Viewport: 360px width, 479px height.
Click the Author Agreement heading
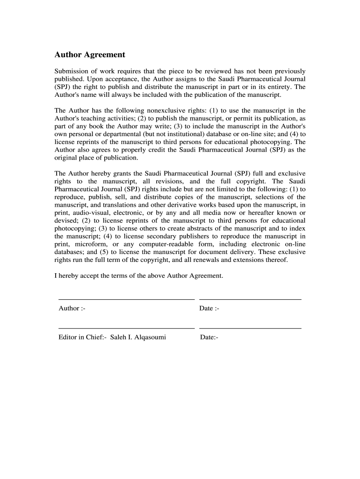point(90,55)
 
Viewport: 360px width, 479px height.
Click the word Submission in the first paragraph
point(71,71)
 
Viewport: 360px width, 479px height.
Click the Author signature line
point(126,299)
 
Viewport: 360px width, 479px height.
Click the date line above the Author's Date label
point(250,299)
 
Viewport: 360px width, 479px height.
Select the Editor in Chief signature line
point(126,328)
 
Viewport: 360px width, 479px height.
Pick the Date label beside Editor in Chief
point(209,337)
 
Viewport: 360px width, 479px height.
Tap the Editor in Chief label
point(82,337)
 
